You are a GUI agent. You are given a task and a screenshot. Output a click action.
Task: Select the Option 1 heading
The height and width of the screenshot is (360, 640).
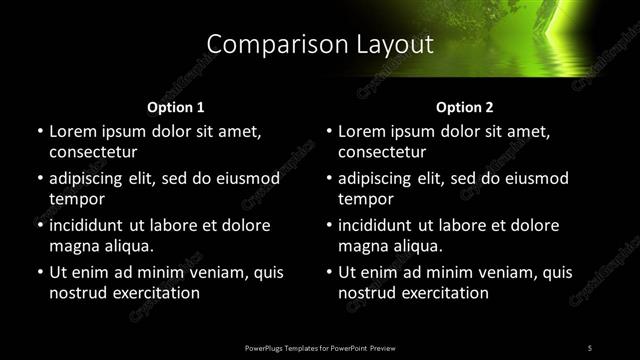176,106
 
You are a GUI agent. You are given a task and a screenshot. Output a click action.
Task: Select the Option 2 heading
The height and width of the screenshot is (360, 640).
465,106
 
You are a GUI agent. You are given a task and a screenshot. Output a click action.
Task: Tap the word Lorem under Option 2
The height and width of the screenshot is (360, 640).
365,131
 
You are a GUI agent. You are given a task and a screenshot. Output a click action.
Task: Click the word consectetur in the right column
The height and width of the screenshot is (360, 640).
383,153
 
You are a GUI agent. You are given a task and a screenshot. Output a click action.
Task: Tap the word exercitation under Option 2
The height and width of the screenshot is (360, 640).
443,294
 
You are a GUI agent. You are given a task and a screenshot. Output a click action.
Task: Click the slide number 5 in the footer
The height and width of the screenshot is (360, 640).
590,347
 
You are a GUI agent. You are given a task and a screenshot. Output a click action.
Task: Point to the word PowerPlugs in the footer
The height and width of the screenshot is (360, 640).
265,347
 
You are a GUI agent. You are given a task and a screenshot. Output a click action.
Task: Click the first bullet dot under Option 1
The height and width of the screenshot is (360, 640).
39,131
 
